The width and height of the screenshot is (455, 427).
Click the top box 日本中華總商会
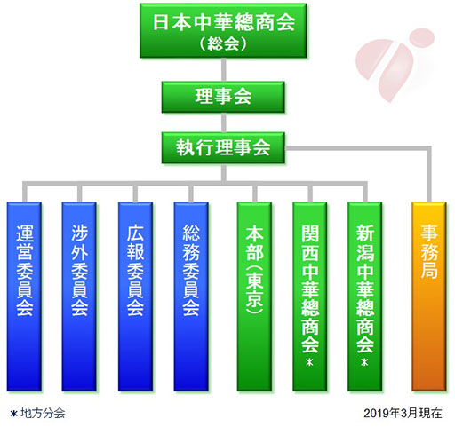223,30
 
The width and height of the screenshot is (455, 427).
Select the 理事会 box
223,97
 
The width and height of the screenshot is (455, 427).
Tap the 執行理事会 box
223,147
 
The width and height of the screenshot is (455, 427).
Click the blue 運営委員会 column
24,297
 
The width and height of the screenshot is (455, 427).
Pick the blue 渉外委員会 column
79,297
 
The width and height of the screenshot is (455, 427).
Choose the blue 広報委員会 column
135,297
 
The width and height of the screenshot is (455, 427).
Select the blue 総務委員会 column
191,297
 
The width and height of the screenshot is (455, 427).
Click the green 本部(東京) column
254,297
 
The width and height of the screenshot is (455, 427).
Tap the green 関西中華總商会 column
310,297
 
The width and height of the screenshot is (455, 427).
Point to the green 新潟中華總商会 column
365,297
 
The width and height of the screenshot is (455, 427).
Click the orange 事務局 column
429,297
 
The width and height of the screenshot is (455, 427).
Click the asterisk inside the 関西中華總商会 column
309,362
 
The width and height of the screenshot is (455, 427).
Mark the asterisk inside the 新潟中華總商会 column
364,362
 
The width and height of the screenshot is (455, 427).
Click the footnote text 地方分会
43,413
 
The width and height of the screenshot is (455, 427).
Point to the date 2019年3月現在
403,413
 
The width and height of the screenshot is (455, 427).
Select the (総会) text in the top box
223,43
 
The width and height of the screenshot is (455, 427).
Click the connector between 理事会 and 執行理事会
223,123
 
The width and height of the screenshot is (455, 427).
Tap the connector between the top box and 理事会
223,70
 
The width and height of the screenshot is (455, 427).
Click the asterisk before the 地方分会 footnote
13,414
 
